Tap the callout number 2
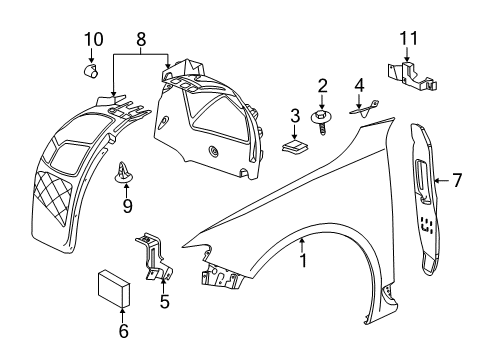pos(322,85)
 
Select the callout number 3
pos(294,116)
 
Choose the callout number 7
pos(456,181)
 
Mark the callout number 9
pos(126,206)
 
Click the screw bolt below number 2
pos(322,124)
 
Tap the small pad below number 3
pos(292,147)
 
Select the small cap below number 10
pos(91,70)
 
